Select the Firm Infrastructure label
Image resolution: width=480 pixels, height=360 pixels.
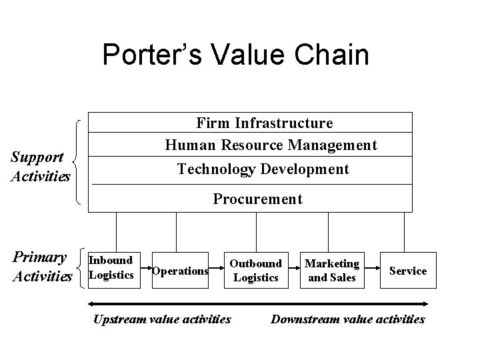(x=265, y=123)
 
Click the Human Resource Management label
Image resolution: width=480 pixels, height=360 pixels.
(x=271, y=145)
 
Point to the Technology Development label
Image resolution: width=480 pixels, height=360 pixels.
(x=263, y=169)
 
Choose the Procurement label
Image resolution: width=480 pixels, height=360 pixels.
(x=257, y=199)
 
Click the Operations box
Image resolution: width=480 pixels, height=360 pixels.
(x=180, y=271)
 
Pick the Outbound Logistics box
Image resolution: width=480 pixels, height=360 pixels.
(x=255, y=271)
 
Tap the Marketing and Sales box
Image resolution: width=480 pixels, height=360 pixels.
(x=332, y=271)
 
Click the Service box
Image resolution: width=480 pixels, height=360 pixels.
(x=408, y=271)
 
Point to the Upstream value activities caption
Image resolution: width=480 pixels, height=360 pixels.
(x=162, y=319)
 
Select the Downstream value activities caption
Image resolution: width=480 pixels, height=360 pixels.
(x=347, y=319)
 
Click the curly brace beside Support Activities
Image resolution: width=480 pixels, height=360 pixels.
(x=77, y=160)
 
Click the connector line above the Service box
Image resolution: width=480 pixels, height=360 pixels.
(x=404, y=232)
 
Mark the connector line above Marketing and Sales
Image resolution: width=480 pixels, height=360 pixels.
(x=329, y=232)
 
